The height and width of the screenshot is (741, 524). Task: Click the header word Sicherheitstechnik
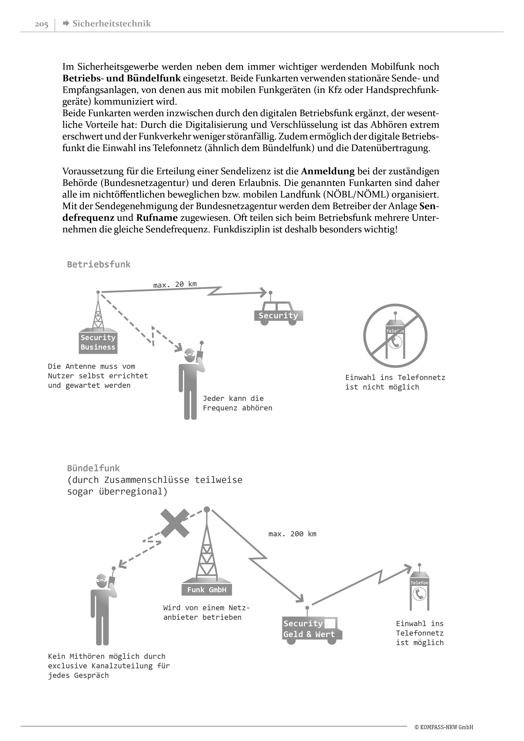pos(112,24)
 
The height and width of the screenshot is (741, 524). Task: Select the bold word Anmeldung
pos(328,171)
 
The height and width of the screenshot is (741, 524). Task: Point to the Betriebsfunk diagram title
pos(99,265)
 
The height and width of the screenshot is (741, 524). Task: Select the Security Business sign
pos(98,342)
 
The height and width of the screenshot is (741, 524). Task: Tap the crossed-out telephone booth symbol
pos(395,336)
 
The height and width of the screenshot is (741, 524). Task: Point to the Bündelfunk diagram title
pos(93,468)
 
